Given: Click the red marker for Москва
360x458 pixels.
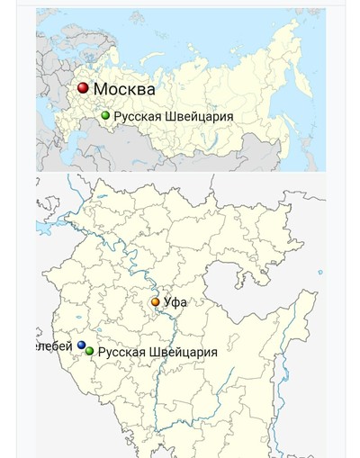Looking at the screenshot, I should (x=83, y=88).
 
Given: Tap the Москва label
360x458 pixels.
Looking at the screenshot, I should (x=124, y=89).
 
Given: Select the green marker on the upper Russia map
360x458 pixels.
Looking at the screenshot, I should (x=105, y=115).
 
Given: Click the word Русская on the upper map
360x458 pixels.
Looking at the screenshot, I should (x=137, y=116).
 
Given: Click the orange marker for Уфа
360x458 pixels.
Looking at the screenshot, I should (x=155, y=302).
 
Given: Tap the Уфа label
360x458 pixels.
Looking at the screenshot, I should (x=175, y=302).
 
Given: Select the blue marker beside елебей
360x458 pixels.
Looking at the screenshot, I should (x=82, y=346).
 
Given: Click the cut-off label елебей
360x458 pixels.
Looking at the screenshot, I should (x=55, y=346).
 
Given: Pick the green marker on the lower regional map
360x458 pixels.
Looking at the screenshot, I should (x=89, y=351).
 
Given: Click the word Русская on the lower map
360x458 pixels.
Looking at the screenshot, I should (x=121, y=352).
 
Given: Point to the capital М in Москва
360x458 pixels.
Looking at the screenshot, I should (x=102, y=89).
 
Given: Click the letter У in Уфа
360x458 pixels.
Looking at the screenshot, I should (x=167, y=302).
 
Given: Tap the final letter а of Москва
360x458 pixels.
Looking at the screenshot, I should (x=150, y=90).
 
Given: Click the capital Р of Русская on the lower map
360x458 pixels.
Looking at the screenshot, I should (x=102, y=352).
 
